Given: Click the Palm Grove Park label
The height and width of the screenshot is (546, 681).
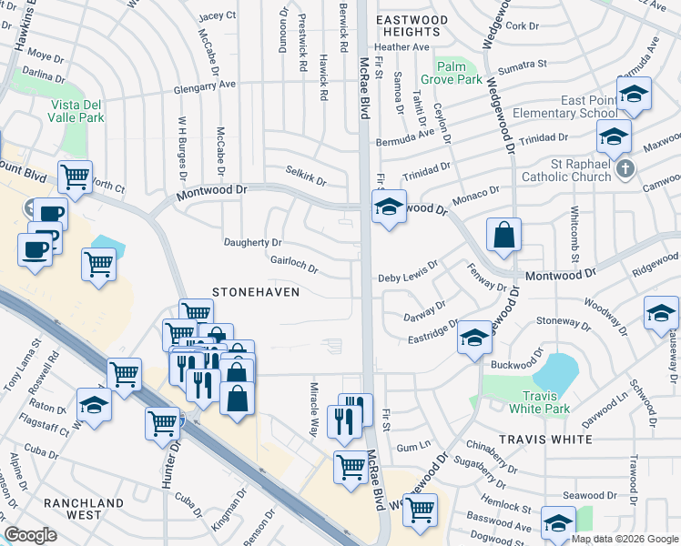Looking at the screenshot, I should (457, 73).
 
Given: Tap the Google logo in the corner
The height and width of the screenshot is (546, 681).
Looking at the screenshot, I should (30, 535).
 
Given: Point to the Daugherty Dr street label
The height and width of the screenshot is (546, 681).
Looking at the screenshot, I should (253, 243).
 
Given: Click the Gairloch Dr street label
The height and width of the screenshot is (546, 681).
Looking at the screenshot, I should (293, 263).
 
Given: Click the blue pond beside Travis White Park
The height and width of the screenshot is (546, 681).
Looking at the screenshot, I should (554, 371).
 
